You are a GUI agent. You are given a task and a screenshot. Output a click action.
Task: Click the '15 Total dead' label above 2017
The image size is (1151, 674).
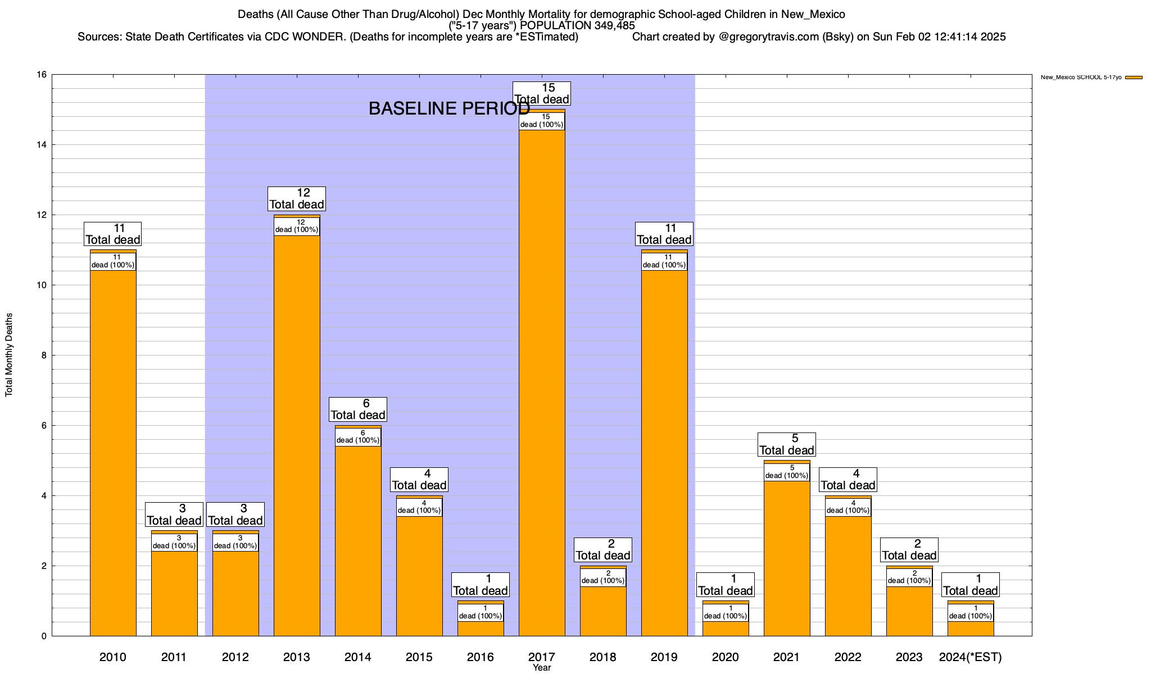pyautogui.click(x=542, y=93)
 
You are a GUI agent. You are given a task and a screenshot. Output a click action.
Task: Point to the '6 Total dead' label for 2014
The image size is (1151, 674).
pyautogui.click(x=358, y=409)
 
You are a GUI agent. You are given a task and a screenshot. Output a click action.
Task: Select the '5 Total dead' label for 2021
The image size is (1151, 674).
pyautogui.click(x=787, y=444)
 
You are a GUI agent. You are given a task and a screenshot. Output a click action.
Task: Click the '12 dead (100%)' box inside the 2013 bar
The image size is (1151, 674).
pyautogui.click(x=297, y=226)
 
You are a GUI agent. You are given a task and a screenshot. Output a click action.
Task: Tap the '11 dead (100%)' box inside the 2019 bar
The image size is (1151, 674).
pyautogui.click(x=664, y=261)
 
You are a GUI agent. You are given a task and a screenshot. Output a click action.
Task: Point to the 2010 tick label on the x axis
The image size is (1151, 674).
pyautogui.click(x=112, y=657)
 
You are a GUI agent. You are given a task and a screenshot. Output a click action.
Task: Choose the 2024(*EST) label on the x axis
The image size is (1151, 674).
pyautogui.click(x=971, y=657)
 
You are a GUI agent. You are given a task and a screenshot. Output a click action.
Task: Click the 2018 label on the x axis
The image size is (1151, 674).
pyautogui.click(x=603, y=657)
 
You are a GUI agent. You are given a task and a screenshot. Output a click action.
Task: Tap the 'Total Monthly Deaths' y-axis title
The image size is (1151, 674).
pyautogui.click(x=9, y=355)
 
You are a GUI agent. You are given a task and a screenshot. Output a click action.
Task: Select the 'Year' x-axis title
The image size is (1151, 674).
pyautogui.click(x=542, y=668)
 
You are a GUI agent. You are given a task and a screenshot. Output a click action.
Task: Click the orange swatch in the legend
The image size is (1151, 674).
pyautogui.click(x=1134, y=78)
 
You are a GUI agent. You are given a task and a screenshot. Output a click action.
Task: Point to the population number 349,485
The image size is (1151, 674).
pyautogui.click(x=615, y=26)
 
